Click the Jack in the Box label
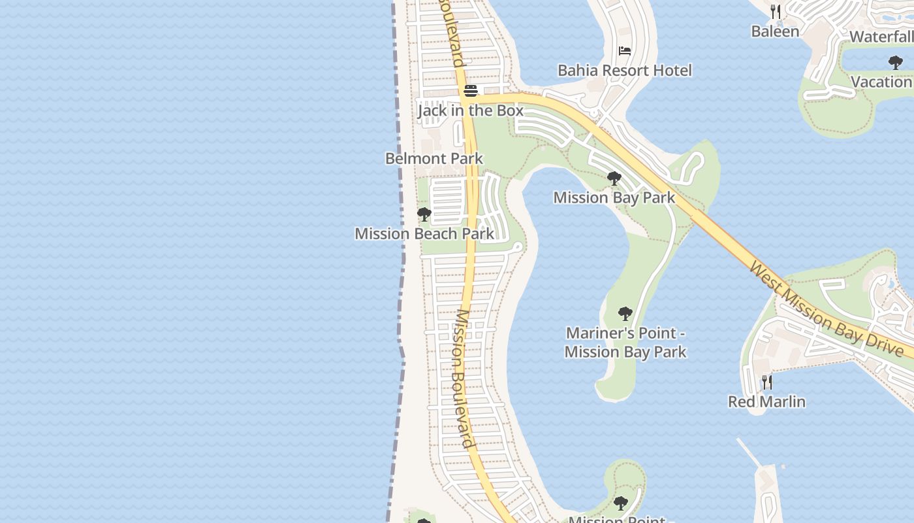[470, 110]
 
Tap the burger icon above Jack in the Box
[471, 91]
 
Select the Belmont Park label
[434, 158]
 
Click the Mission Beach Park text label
[424, 233]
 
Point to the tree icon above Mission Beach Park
[424, 214]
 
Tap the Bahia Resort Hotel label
[624, 70]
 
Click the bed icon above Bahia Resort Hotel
[625, 51]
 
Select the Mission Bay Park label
[614, 197]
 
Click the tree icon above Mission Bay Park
[614, 178]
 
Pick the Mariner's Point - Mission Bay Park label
[625, 342]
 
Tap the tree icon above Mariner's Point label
[625, 314]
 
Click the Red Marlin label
[766, 401]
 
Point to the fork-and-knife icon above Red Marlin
[767, 382]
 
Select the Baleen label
[775, 31]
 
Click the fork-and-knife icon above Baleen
[775, 11]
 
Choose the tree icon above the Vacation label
[896, 63]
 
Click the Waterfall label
[881, 37]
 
